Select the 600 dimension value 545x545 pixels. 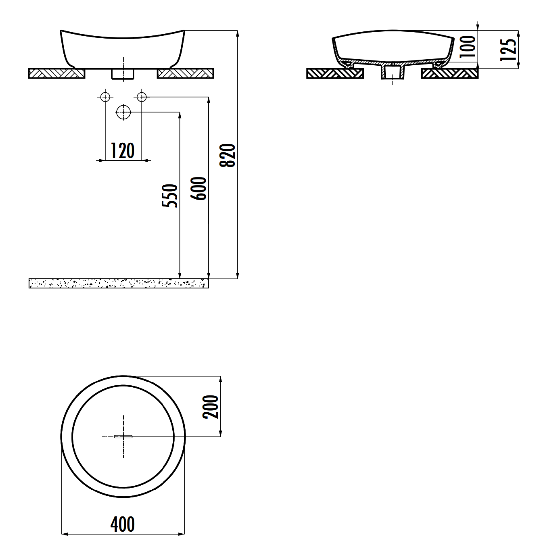[x=199, y=188]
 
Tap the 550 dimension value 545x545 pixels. [x=170, y=196]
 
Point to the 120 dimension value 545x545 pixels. [x=123, y=151]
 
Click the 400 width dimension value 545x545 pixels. [x=123, y=524]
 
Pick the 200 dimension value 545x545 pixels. [x=211, y=407]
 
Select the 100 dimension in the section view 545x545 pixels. [x=468, y=47]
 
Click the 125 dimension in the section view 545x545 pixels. [x=508, y=50]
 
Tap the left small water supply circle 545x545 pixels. [x=105, y=97]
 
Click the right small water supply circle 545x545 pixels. [x=142, y=97]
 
